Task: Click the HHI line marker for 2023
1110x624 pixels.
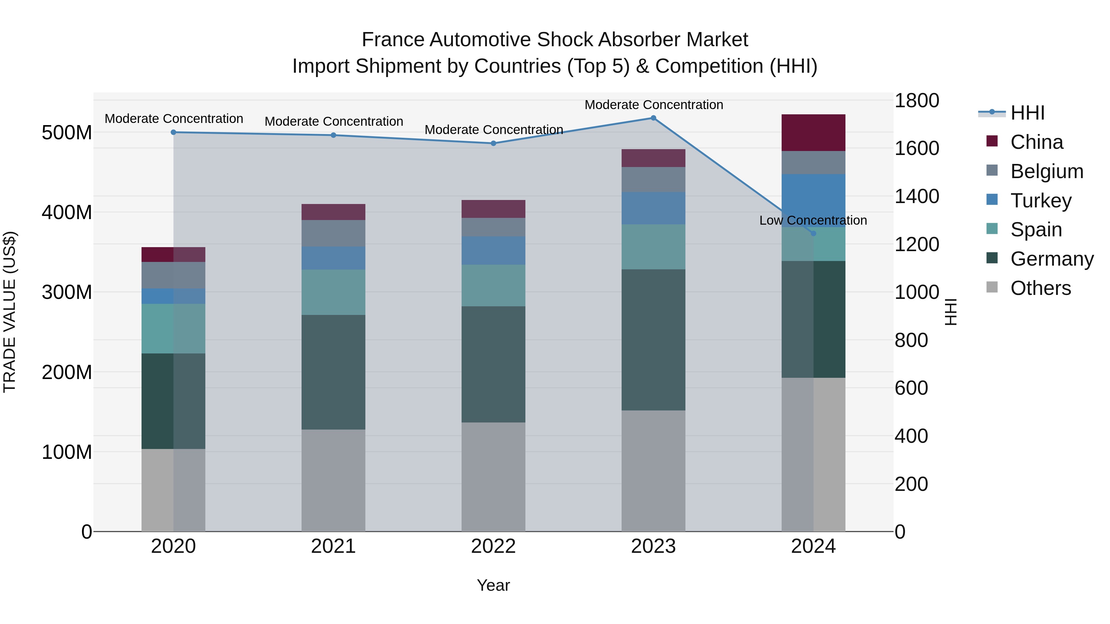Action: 653,118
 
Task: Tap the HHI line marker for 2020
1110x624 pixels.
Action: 173,132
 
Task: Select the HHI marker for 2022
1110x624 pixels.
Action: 493,143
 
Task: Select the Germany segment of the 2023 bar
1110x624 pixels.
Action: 653,340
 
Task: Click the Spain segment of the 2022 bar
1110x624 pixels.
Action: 493,286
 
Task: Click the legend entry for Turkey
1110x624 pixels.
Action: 1040,201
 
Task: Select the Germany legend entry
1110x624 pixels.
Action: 1051,259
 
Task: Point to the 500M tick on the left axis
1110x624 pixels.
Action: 67,133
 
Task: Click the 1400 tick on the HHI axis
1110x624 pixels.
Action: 917,196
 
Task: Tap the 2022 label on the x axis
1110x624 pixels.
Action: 493,546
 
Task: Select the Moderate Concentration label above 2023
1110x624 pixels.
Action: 654,105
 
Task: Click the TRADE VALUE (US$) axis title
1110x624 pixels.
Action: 10,312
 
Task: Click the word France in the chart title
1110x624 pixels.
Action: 393,40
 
